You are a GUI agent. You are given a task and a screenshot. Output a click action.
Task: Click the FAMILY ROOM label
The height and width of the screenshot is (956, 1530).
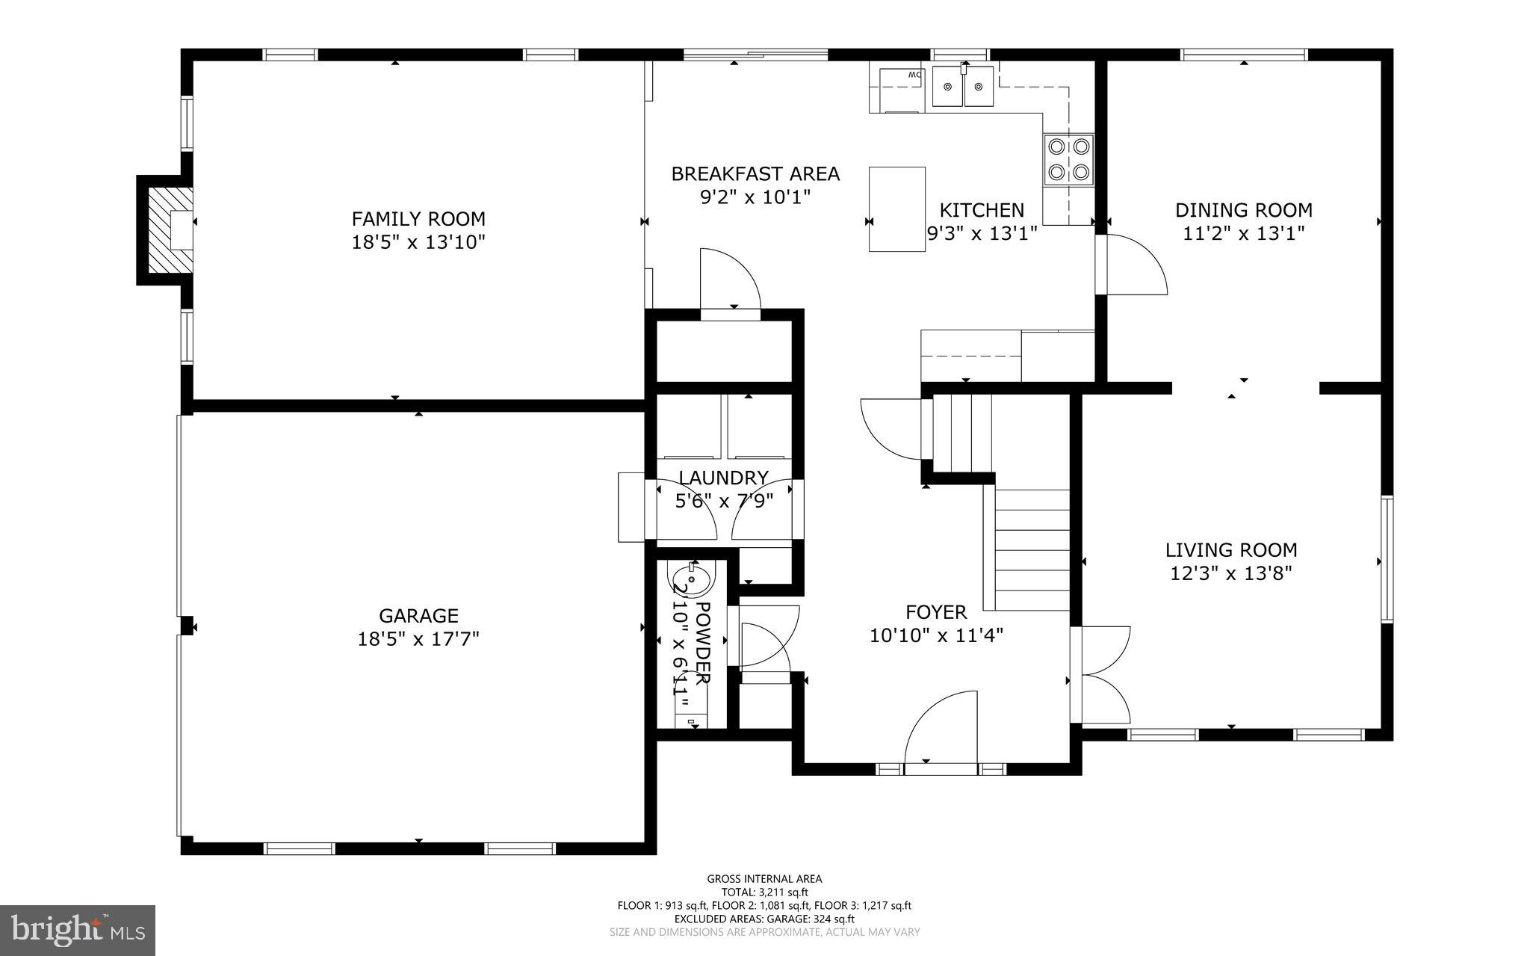tap(418, 219)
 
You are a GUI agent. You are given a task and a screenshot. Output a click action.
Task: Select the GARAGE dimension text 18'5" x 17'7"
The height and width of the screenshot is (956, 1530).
tap(418, 639)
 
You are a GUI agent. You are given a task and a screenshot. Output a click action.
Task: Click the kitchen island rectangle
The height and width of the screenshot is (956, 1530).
tap(897, 209)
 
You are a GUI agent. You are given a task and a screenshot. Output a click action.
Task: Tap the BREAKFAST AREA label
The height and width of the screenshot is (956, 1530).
tap(755, 174)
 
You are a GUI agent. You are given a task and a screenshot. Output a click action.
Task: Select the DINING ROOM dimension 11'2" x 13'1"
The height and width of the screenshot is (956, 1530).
tap(1244, 233)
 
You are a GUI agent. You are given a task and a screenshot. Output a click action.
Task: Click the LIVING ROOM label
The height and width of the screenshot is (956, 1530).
tap(1231, 550)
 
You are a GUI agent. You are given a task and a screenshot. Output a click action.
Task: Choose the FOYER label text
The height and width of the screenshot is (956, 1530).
tap(936, 612)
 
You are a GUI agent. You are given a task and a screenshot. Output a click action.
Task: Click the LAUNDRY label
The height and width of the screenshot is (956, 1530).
tap(723, 478)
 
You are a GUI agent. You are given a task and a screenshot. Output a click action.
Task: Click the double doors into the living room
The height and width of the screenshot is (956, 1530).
tap(1101, 675)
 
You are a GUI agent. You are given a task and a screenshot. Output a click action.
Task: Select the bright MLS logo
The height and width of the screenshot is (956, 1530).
tap(78, 930)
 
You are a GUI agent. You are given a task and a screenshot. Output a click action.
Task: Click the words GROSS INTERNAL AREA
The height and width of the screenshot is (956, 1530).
tap(764, 879)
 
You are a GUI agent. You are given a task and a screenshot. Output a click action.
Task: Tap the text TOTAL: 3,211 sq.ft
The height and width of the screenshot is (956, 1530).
tap(764, 892)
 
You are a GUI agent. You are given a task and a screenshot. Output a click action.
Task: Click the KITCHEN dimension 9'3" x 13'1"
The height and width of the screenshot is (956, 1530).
tap(982, 234)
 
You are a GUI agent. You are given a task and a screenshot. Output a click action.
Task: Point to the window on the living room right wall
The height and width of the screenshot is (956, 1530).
tap(1387, 559)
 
